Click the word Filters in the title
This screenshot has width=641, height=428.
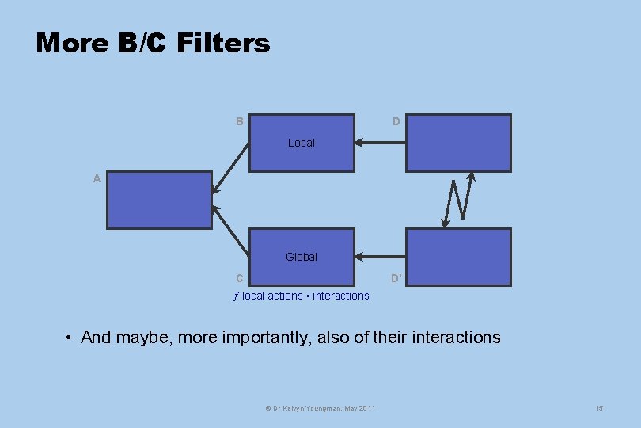(223, 43)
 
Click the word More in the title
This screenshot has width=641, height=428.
(72, 43)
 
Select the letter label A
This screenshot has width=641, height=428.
(97, 179)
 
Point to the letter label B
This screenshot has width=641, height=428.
(239, 122)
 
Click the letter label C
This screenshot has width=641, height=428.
(239, 278)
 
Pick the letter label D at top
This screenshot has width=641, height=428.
(396, 122)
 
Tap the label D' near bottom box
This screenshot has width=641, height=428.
(396, 278)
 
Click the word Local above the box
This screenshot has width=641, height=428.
(302, 143)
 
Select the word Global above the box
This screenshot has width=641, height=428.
(302, 257)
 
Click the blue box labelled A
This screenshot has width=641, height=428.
(159, 201)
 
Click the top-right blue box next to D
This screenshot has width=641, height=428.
(458, 143)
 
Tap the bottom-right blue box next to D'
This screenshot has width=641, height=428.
(458, 257)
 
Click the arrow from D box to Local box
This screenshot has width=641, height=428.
(380, 143)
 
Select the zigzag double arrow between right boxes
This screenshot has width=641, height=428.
(458, 199)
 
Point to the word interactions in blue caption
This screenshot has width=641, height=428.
(341, 296)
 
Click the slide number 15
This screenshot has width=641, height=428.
(599, 407)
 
